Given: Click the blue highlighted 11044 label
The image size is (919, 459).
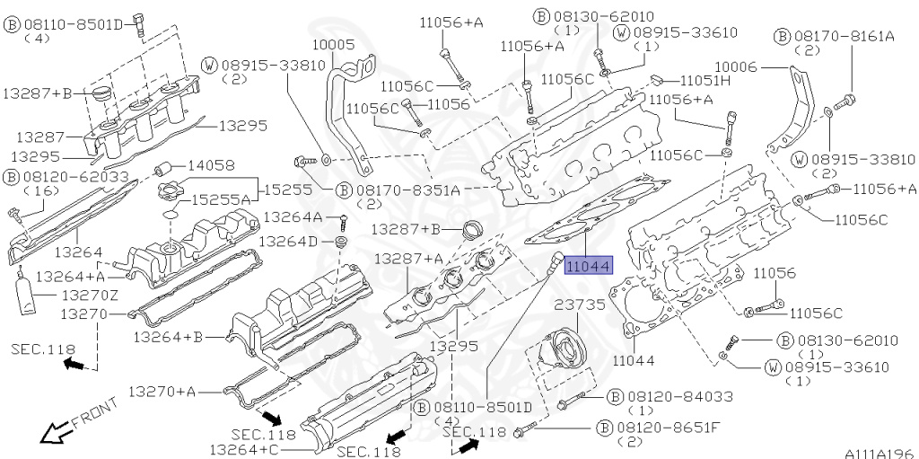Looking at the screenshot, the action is click(x=588, y=266).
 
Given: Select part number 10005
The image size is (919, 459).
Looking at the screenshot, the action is click(x=333, y=45).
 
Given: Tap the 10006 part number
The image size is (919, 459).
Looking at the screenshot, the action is click(x=736, y=68).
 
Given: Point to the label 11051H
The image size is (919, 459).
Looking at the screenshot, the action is click(x=705, y=81).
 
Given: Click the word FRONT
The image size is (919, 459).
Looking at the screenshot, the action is click(x=95, y=412).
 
